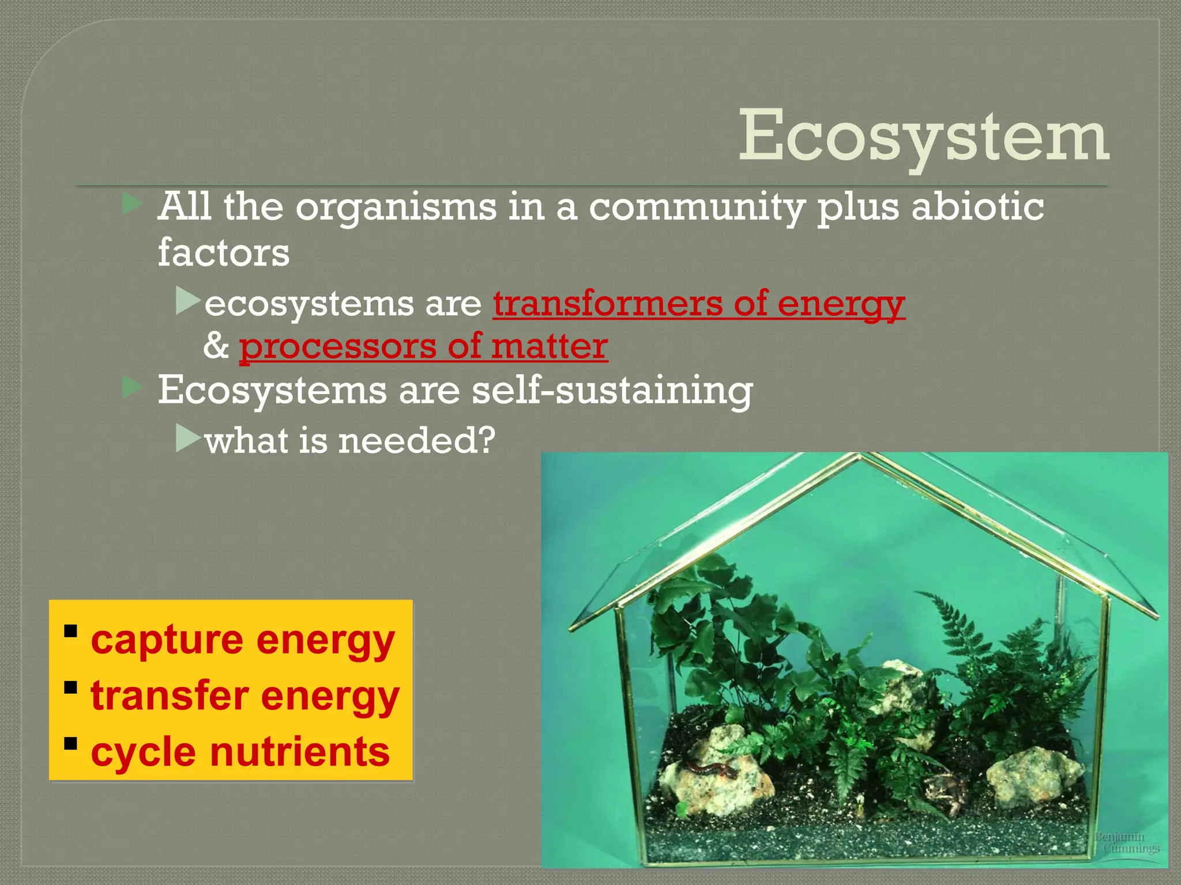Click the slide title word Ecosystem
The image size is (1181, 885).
[x=923, y=137]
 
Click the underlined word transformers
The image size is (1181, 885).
[x=607, y=304]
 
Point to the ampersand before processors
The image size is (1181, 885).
[x=216, y=346]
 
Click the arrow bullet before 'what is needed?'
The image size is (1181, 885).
[x=187, y=438]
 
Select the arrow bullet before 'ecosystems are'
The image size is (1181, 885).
[x=187, y=301]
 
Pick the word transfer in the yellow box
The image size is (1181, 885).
[x=169, y=696]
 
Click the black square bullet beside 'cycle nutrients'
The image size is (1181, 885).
[x=71, y=743]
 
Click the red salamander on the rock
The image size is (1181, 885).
[x=711, y=769]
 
